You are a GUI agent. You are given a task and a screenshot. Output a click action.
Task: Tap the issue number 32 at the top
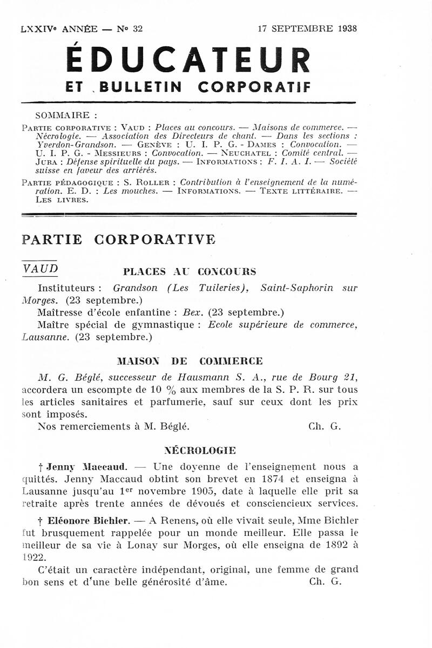click(137, 29)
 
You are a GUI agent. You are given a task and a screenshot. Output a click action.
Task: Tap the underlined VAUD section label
click(40, 269)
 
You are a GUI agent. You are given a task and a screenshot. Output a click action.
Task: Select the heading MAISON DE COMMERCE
click(190, 361)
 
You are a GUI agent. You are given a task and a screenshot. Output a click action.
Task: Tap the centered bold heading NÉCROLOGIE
click(199, 449)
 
